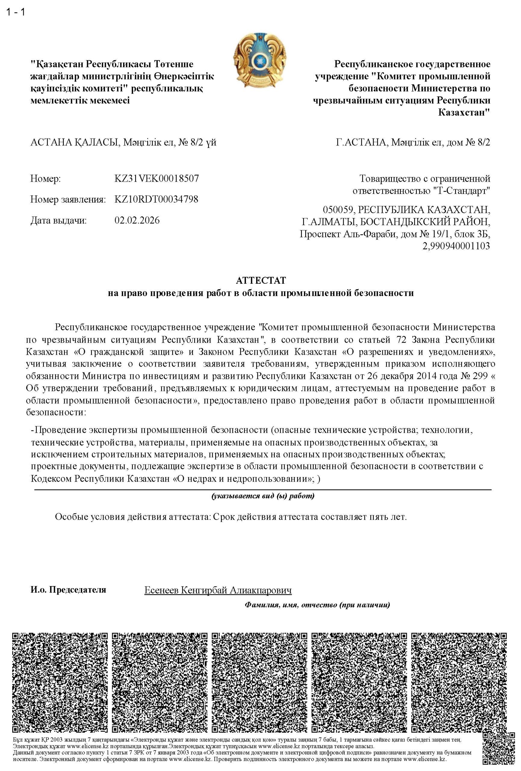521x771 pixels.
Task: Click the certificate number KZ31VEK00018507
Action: [157, 179]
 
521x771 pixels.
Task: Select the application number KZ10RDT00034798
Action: [156, 199]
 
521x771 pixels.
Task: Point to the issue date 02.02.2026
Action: [137, 220]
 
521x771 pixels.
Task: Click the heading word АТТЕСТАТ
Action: [260, 281]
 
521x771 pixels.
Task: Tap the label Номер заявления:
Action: [68, 199]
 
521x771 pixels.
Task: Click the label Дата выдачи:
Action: [58, 220]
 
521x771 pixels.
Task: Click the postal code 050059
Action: [339, 210]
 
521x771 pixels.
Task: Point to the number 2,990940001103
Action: [456, 246]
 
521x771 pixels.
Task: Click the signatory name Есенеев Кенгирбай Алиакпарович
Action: [218, 590]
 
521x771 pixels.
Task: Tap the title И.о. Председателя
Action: [68, 589]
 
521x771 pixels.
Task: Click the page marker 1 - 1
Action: [16, 12]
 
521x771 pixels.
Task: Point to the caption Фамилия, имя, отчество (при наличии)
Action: [317, 605]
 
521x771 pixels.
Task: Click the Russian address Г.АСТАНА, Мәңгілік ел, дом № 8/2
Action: [413, 143]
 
